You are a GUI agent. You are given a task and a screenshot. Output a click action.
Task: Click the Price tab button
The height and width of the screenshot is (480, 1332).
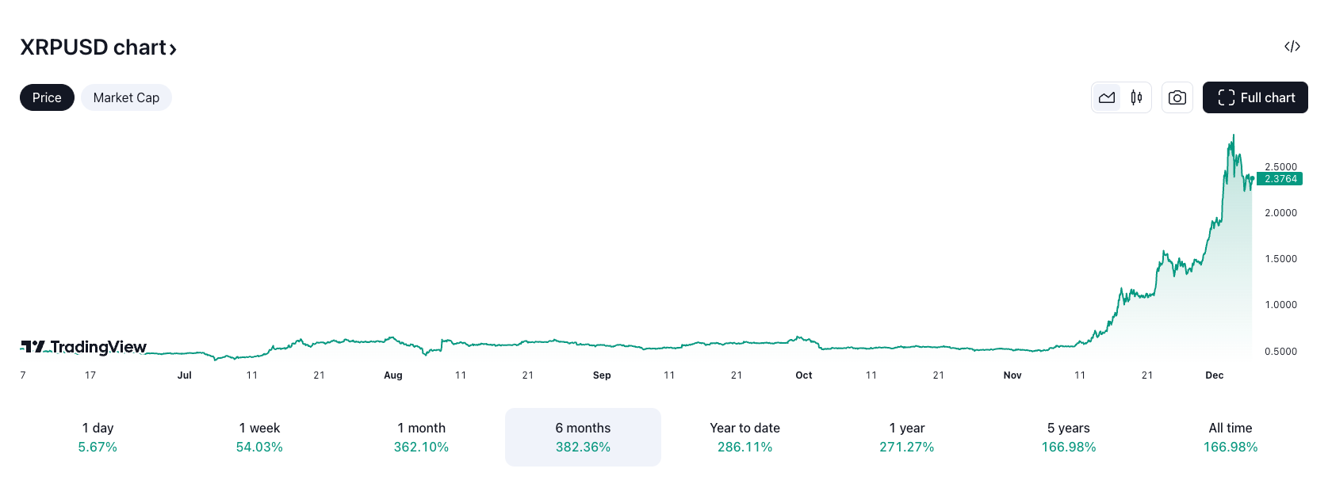[x=47, y=97]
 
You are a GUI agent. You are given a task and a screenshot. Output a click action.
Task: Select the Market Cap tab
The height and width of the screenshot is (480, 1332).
[x=126, y=97]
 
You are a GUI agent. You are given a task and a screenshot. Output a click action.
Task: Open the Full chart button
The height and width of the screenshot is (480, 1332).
[x=1255, y=97]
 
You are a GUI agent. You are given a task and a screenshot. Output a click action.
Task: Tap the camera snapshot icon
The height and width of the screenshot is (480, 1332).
[x=1177, y=97]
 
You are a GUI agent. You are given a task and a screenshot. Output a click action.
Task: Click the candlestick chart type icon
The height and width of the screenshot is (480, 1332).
[x=1136, y=97]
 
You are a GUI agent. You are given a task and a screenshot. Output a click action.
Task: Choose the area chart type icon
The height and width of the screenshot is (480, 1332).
[x=1107, y=97]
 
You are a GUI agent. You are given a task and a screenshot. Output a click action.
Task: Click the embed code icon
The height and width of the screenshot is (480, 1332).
[x=1292, y=47]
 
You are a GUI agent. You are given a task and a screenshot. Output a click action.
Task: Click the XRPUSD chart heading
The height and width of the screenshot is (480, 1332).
[x=98, y=48]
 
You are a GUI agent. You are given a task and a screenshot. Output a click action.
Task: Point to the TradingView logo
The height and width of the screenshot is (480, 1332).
[x=84, y=347]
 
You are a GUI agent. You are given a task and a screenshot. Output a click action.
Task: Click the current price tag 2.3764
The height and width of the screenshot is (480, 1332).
[x=1280, y=179]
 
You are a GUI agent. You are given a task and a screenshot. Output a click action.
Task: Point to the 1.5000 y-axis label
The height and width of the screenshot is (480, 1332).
[x=1280, y=259]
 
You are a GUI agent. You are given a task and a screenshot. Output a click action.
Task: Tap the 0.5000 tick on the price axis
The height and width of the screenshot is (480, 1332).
[x=1280, y=352]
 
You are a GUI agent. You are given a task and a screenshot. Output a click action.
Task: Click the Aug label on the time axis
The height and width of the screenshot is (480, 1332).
[x=393, y=375]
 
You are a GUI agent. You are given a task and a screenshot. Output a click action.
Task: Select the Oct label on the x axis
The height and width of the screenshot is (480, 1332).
[x=804, y=375]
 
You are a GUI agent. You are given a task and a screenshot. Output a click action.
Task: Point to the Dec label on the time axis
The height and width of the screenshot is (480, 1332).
[x=1214, y=375]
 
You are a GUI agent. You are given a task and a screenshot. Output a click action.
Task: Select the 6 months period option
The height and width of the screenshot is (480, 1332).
[x=583, y=436]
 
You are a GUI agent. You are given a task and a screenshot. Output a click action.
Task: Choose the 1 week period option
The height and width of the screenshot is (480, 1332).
[x=259, y=436]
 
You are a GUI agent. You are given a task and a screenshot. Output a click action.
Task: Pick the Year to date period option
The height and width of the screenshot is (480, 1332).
[x=744, y=436]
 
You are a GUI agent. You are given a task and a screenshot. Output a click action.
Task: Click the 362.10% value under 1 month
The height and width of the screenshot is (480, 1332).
[x=421, y=448]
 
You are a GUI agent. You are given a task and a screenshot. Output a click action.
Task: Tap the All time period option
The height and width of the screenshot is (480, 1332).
[x=1230, y=436]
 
